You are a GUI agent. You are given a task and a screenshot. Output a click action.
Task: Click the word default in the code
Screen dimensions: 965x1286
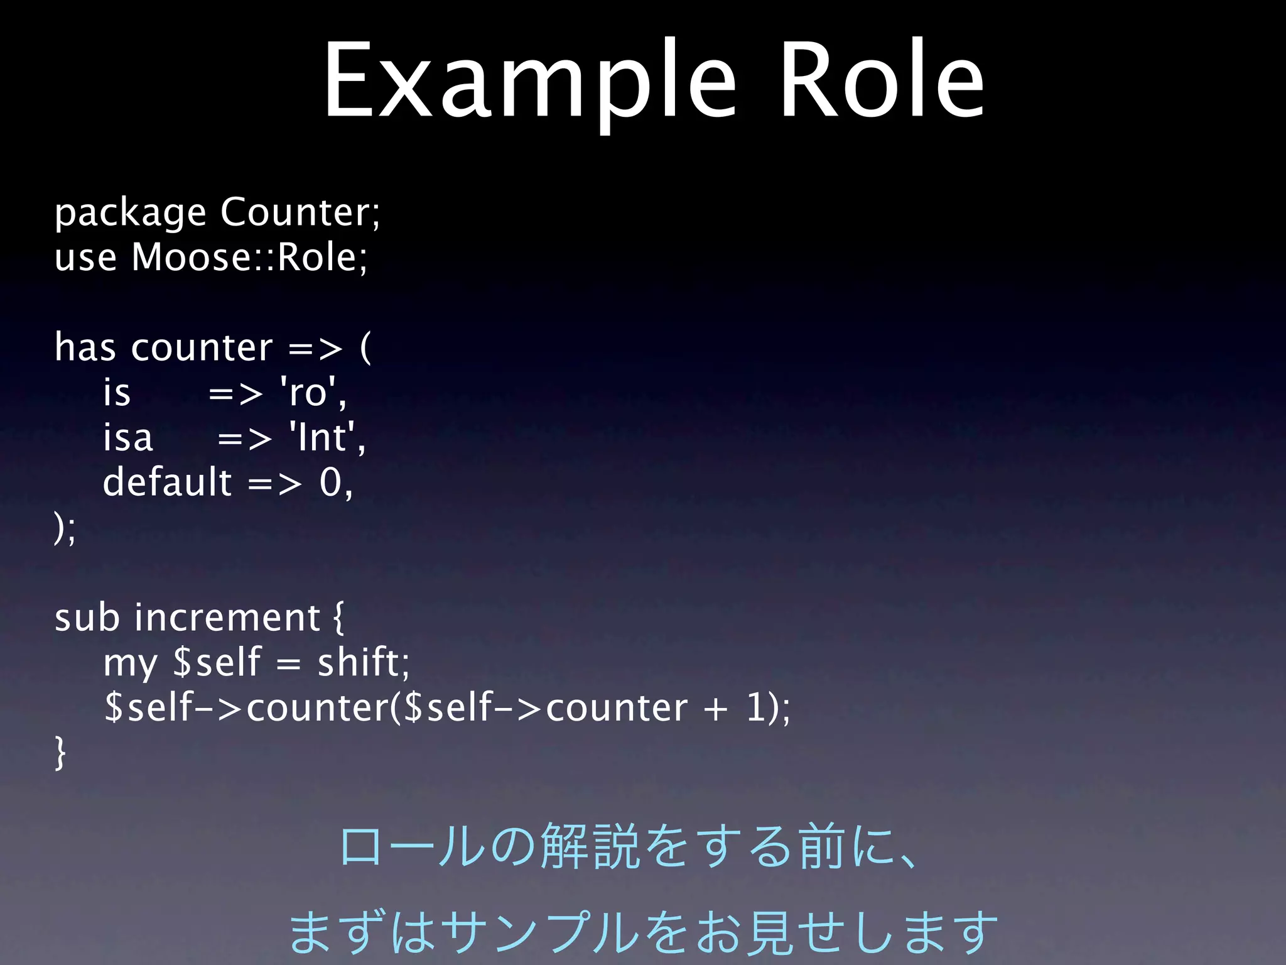click(x=167, y=482)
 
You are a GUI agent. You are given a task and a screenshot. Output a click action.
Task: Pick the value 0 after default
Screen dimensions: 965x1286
click(x=330, y=482)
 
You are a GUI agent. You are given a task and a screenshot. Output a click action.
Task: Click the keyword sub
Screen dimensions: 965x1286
click(x=86, y=618)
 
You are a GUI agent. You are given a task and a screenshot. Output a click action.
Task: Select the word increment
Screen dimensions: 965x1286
click(x=227, y=618)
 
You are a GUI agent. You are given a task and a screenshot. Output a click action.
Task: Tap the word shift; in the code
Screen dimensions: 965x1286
click(x=363, y=663)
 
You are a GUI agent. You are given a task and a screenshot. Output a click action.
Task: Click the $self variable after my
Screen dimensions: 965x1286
click(x=216, y=663)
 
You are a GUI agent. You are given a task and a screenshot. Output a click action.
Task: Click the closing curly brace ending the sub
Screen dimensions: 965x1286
click(x=60, y=753)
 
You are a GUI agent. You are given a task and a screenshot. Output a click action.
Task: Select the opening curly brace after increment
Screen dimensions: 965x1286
click(x=338, y=619)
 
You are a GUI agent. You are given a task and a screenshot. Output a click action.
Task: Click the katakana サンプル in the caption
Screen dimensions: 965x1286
click(x=544, y=931)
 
